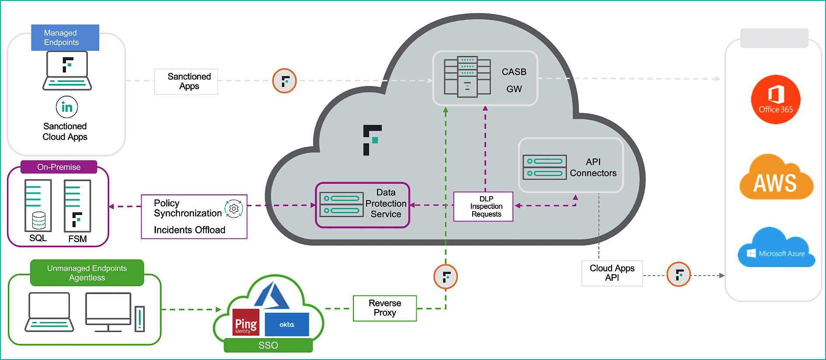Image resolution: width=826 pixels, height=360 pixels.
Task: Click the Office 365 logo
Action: tap(775, 100)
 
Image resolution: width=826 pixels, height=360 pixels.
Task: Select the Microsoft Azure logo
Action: tap(776, 248)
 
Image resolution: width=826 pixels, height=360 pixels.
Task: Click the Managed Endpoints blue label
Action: tap(65, 38)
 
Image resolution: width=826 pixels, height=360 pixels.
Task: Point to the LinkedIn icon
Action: tap(67, 107)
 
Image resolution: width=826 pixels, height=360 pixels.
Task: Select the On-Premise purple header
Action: tap(59, 167)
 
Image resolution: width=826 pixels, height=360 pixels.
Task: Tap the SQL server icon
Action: tap(38, 206)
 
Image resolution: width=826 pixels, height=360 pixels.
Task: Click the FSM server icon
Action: tap(77, 206)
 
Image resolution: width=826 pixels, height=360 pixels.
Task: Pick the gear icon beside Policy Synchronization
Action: tap(234, 209)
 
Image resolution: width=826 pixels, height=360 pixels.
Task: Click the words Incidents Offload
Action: tap(190, 230)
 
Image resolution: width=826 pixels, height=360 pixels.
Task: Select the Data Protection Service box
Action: tap(363, 205)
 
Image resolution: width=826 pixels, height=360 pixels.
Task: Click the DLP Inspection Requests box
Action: tap(483, 206)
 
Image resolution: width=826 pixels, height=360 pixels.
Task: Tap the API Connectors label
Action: tap(593, 167)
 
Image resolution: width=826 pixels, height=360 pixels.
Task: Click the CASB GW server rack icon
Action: tap(467, 76)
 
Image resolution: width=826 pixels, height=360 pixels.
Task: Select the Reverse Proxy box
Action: tap(385, 308)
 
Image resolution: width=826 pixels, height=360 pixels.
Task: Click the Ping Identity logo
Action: tap(245, 322)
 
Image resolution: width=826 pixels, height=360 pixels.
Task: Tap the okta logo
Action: tap(287, 325)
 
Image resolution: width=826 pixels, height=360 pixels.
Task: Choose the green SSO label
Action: tap(268, 345)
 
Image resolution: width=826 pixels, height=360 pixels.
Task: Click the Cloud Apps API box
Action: tap(612, 273)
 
